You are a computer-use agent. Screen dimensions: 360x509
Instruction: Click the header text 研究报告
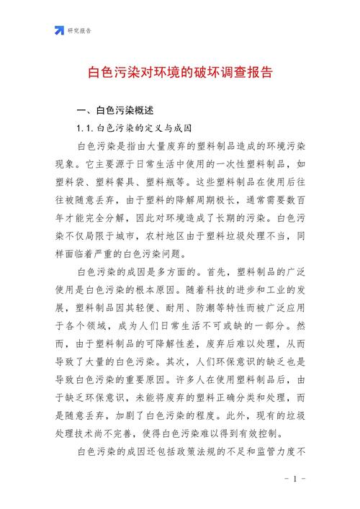click(79, 30)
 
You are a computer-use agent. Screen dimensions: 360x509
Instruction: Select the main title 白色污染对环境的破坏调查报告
click(180, 73)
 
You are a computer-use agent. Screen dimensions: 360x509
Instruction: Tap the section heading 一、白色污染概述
click(115, 111)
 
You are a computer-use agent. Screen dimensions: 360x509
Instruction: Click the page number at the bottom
click(295, 478)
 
